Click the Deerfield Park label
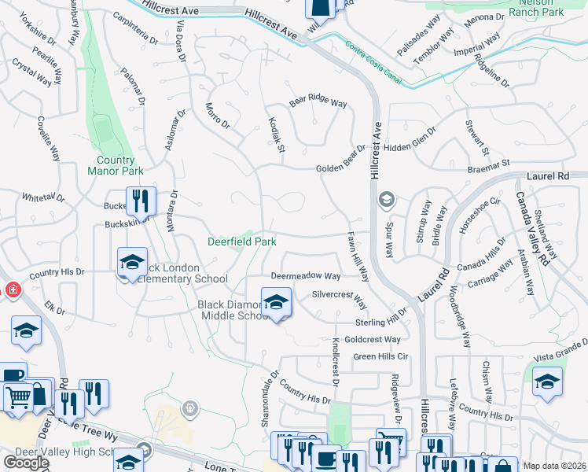click(241, 242)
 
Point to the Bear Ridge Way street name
click(318, 102)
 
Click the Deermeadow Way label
click(306, 276)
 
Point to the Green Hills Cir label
click(381, 356)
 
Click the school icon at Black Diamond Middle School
click(276, 303)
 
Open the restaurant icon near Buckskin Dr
click(141, 201)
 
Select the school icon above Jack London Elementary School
click(132, 262)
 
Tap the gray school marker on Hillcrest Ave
click(386, 199)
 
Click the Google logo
click(26, 463)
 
